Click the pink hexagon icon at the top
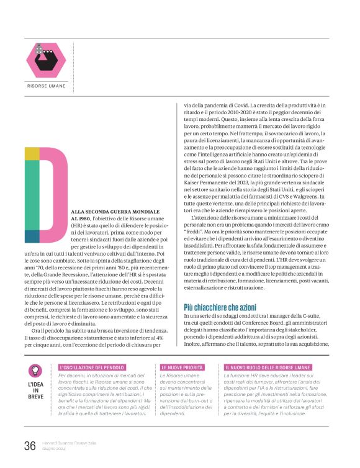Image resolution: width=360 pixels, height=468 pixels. [x=46, y=60]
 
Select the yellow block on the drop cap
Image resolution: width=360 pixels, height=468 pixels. [x=32, y=154]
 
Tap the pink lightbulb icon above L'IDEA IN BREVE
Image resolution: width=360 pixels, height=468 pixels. [x=35, y=371]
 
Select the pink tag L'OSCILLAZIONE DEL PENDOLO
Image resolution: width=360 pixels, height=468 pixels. [x=92, y=368]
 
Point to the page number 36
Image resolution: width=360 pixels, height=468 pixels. [x=30, y=445]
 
